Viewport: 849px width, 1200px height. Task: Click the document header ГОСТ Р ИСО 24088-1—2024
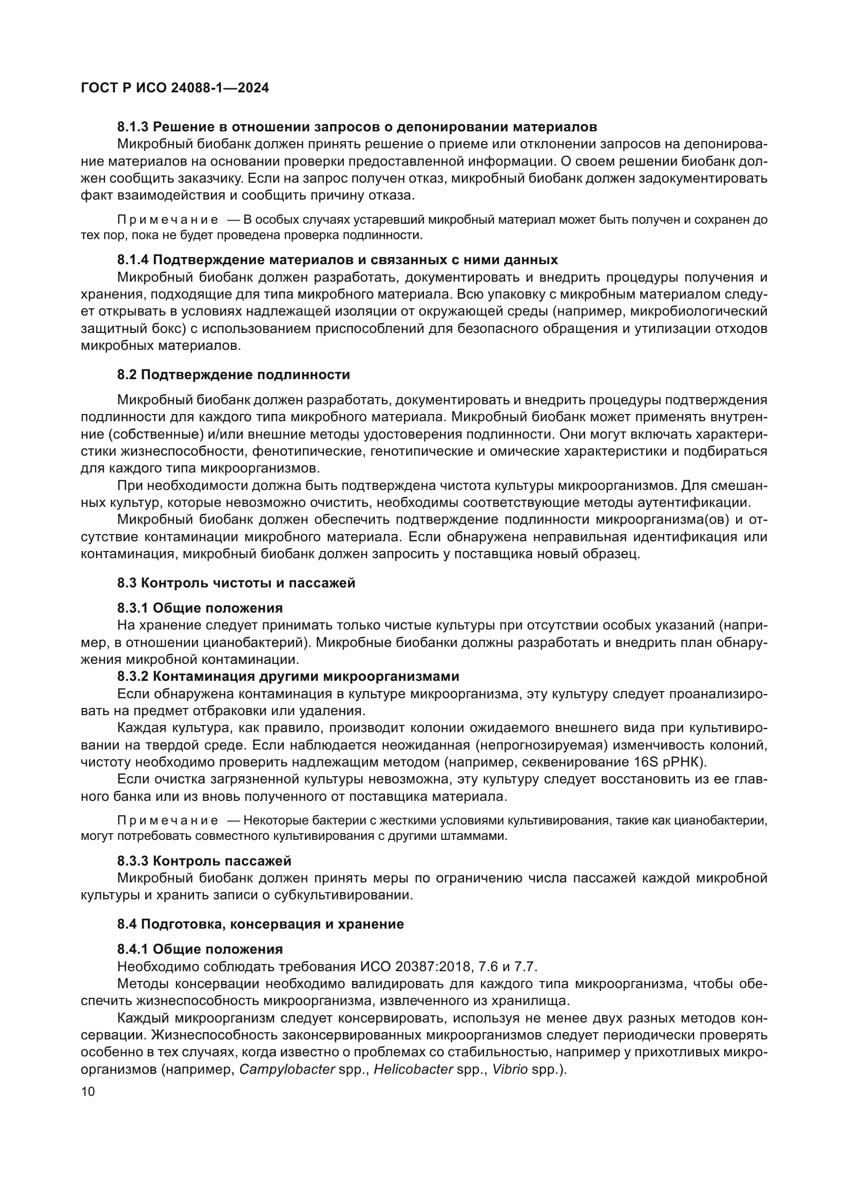(x=175, y=88)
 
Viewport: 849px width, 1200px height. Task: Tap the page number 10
(x=88, y=1092)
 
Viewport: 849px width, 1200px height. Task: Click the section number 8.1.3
(x=133, y=127)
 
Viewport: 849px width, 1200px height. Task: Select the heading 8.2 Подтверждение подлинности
(x=233, y=375)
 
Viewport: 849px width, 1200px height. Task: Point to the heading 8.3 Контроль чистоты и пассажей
(x=236, y=583)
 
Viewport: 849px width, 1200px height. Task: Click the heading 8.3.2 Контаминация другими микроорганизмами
(x=287, y=676)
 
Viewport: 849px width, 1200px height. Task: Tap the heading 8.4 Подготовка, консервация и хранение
(x=260, y=924)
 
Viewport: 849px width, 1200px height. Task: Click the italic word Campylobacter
(x=286, y=1069)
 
